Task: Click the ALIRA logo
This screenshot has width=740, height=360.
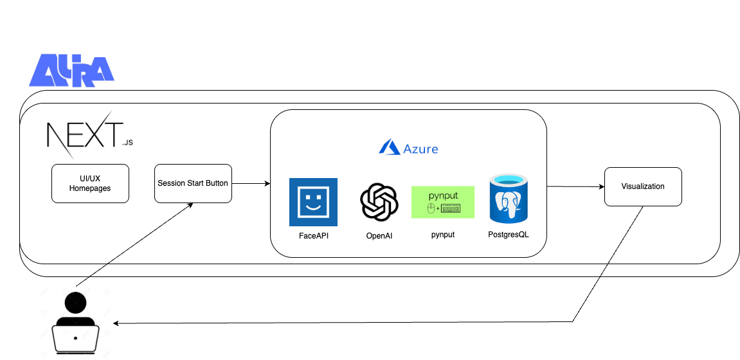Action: click(x=71, y=70)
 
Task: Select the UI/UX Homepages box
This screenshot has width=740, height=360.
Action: click(x=90, y=184)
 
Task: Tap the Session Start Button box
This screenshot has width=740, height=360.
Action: click(x=193, y=184)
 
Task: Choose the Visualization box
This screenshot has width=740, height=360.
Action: click(x=643, y=187)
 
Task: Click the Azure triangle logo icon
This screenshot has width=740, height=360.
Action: click(x=390, y=148)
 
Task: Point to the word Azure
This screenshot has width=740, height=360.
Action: click(x=421, y=149)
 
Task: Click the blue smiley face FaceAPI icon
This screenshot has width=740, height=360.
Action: click(x=313, y=202)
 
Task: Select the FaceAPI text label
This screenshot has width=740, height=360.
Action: click(x=314, y=236)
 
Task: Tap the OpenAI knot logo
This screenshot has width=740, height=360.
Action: click(x=379, y=202)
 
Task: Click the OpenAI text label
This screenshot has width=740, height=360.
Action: click(x=379, y=236)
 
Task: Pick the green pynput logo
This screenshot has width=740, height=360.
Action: click(x=443, y=202)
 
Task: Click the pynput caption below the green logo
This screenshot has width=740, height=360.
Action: click(x=443, y=235)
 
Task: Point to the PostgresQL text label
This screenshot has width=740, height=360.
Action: click(x=509, y=235)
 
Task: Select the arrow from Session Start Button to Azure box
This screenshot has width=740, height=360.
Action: click(x=251, y=184)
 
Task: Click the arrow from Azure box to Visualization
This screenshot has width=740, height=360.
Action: click(x=575, y=187)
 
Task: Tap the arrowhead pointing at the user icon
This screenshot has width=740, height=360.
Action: click(x=117, y=323)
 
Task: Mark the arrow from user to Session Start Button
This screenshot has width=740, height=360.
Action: click(x=135, y=245)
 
